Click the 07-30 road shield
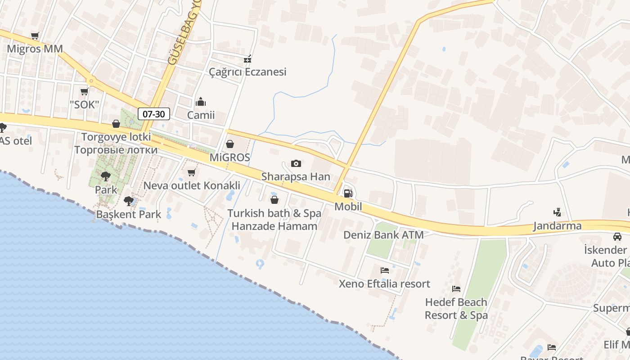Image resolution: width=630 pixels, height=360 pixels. (x=153, y=114)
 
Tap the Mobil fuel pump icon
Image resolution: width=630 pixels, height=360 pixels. (x=348, y=193)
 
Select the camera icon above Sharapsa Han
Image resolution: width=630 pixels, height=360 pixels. (x=296, y=163)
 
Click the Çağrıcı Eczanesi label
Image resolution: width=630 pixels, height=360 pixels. (x=247, y=72)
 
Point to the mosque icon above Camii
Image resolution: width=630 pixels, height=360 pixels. (x=201, y=102)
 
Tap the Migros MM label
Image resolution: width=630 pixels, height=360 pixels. (x=35, y=49)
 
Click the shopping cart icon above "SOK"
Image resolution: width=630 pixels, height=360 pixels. (x=84, y=92)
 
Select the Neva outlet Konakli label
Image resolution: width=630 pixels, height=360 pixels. (x=191, y=185)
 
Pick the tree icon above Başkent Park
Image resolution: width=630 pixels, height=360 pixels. (x=128, y=201)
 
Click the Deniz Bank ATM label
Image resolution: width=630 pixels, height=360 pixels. (x=383, y=235)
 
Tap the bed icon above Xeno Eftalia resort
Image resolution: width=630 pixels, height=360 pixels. (x=385, y=270)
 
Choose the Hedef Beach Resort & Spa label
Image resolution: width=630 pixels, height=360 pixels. (x=456, y=308)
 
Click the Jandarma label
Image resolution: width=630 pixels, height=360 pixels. (x=557, y=226)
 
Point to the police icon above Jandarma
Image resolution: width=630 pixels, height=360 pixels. (x=557, y=212)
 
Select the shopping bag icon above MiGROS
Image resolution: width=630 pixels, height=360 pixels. (x=230, y=144)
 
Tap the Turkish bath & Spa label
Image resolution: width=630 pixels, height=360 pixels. (x=274, y=213)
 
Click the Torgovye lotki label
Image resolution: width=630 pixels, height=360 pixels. (x=116, y=137)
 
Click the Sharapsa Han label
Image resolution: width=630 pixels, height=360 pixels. (x=296, y=177)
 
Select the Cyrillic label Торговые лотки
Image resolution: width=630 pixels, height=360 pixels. (x=116, y=150)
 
